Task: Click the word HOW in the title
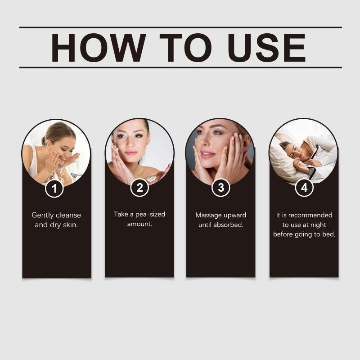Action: (x=98, y=48)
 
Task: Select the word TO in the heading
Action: (x=185, y=48)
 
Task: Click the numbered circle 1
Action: (x=54, y=189)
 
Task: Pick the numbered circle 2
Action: (x=139, y=188)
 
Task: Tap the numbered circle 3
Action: (x=220, y=188)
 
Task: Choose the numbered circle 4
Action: (x=304, y=188)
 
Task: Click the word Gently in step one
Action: (x=42, y=216)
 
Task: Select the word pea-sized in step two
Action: (x=150, y=215)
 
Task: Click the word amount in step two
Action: (x=139, y=224)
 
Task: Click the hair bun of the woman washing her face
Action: (x=44, y=141)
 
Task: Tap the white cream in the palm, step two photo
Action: (x=152, y=179)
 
